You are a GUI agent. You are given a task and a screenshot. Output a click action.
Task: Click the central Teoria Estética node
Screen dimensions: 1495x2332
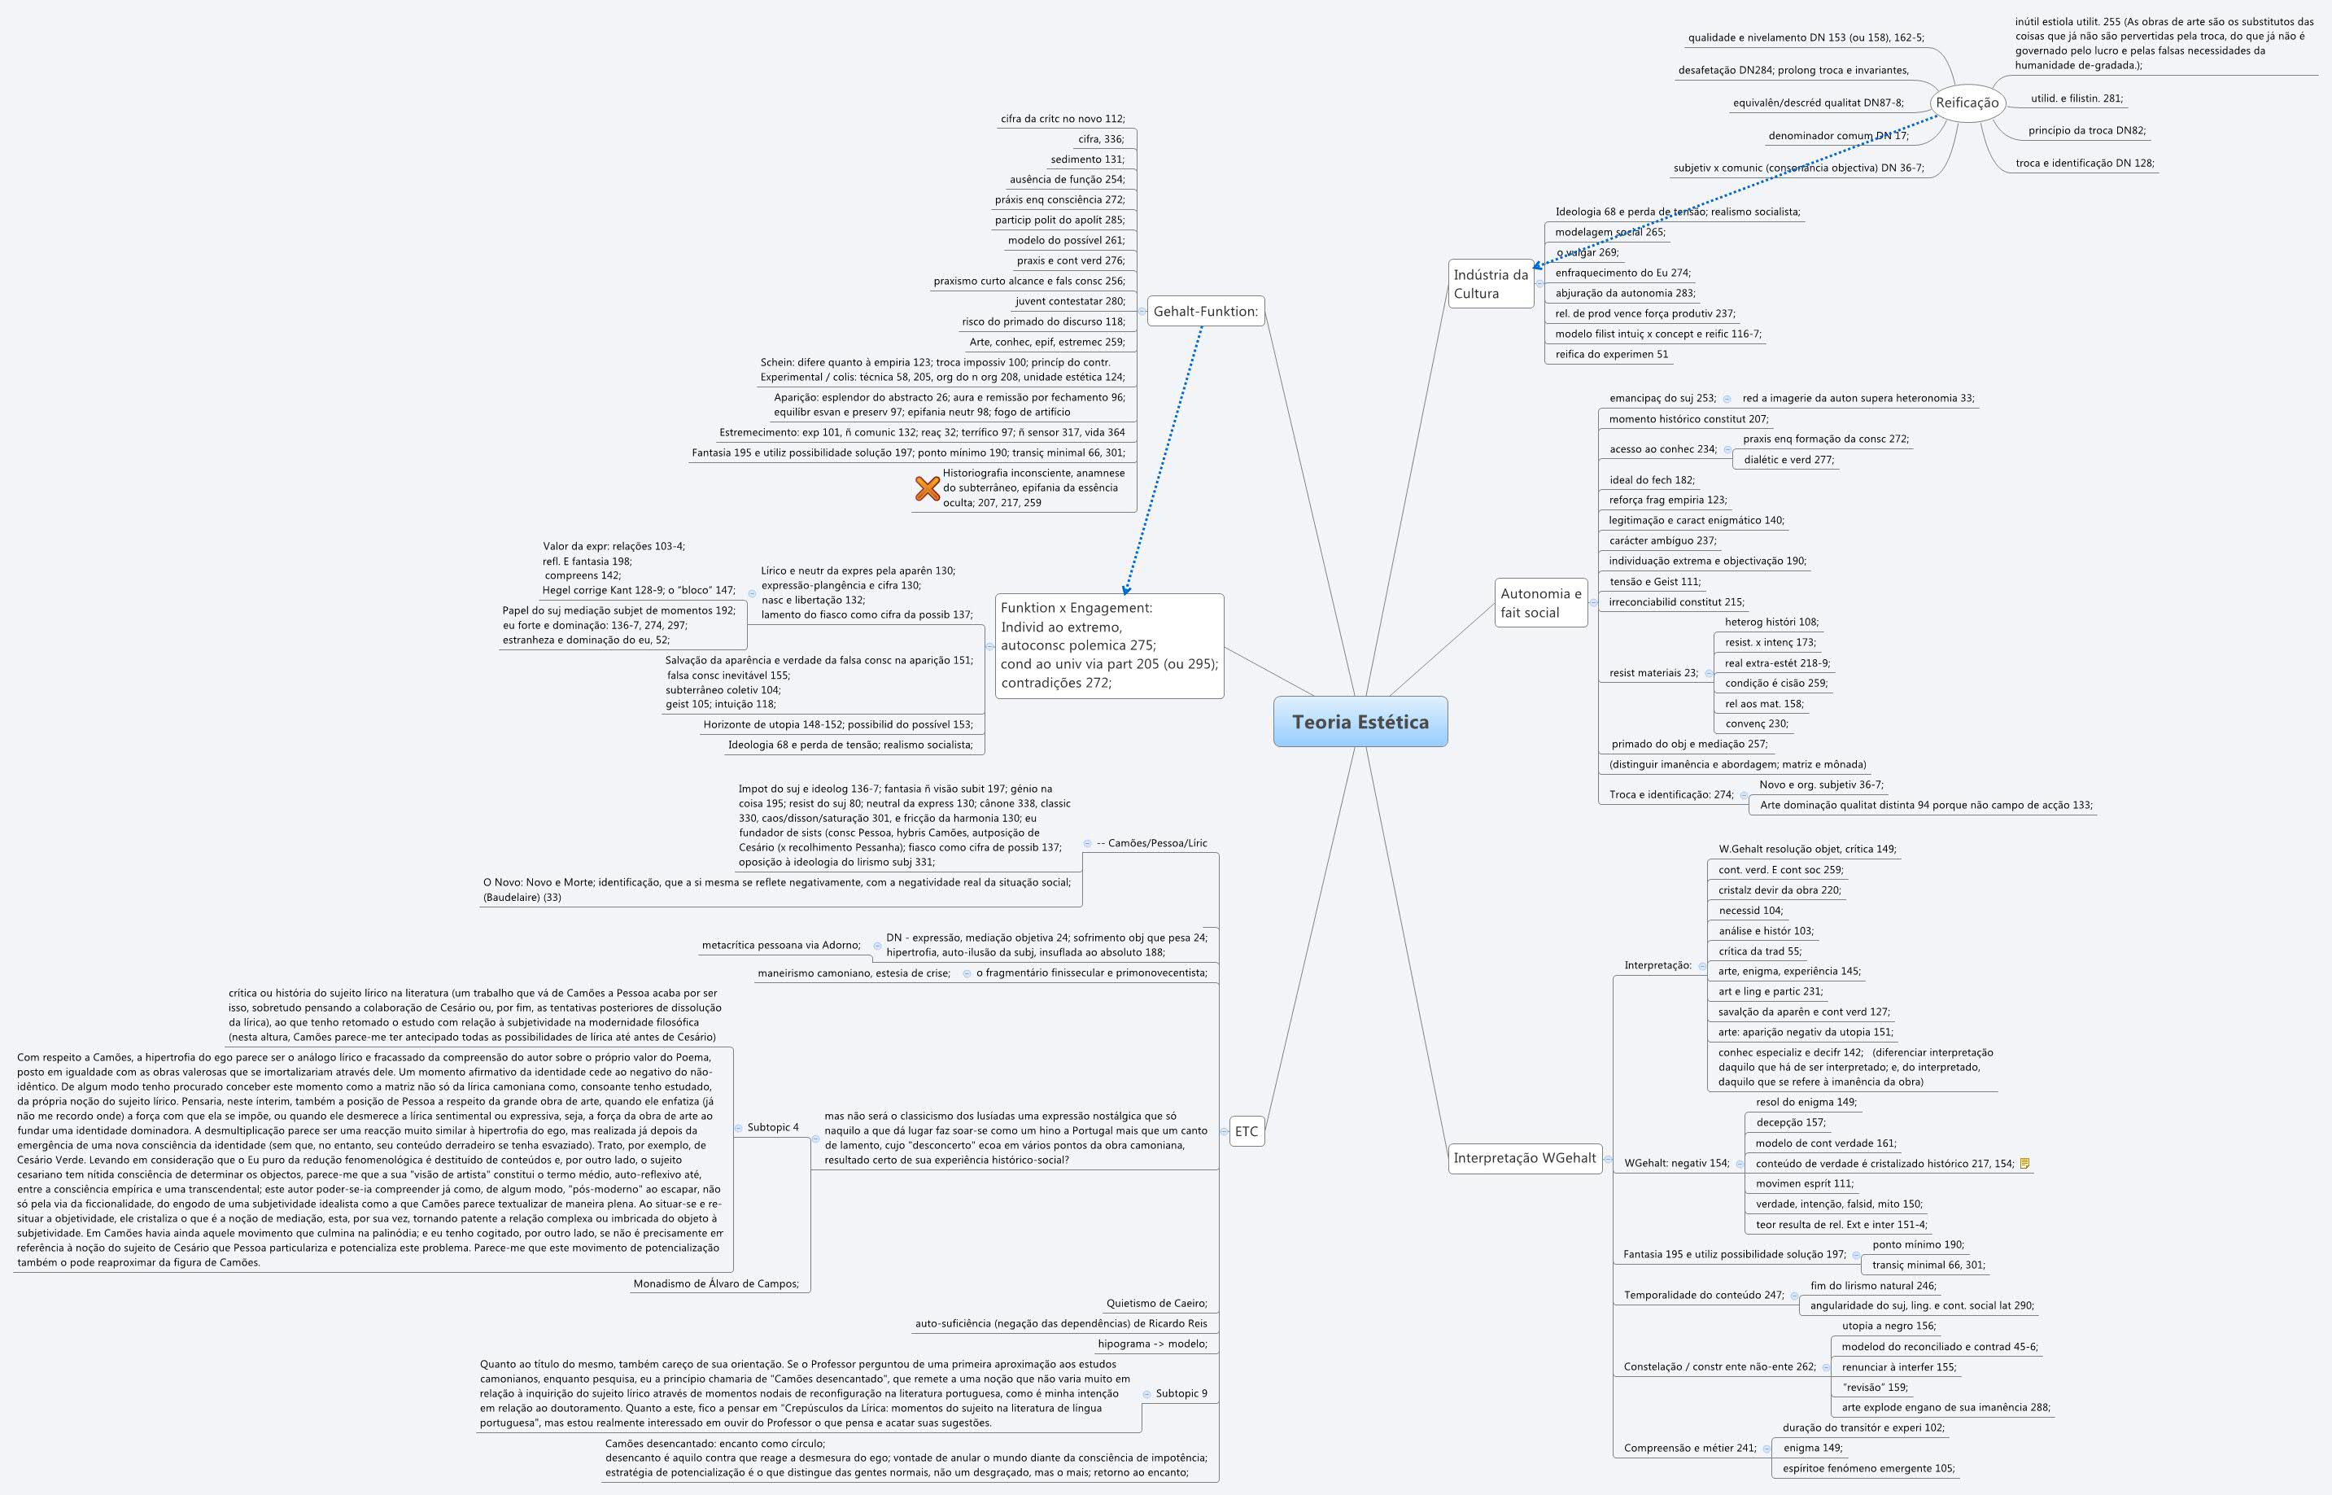[x=1360, y=721]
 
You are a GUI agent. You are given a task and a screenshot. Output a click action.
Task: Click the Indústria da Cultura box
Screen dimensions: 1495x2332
[x=1490, y=283]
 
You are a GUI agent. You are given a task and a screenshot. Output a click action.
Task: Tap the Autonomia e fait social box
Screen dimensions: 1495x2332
[x=1540, y=603]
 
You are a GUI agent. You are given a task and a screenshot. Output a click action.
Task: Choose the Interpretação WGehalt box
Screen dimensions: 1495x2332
[x=1524, y=1157]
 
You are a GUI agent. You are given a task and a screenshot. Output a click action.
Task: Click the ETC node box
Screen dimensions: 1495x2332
[x=1246, y=1131]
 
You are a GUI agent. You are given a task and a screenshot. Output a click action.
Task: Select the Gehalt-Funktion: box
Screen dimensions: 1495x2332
[x=1204, y=312]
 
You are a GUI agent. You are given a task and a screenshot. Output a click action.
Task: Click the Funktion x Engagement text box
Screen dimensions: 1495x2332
[x=1108, y=645]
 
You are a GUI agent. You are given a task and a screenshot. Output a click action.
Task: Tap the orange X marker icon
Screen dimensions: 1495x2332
[x=927, y=488]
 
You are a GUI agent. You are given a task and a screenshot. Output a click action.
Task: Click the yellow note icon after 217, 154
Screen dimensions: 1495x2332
[x=2024, y=1163]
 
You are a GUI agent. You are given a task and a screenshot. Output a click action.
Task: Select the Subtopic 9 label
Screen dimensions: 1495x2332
[x=1181, y=1393]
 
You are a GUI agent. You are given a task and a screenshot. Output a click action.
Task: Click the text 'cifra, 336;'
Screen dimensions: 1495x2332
[x=1100, y=139]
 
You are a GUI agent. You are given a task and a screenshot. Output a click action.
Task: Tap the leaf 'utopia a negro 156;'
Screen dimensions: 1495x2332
[x=1888, y=1325]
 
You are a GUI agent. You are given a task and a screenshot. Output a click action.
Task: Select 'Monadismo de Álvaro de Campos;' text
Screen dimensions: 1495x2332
[x=715, y=1283]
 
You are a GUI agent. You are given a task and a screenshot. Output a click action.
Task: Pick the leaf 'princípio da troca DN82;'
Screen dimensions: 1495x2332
[x=2085, y=130]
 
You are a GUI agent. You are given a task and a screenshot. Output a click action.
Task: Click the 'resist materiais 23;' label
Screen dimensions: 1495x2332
[x=1653, y=673]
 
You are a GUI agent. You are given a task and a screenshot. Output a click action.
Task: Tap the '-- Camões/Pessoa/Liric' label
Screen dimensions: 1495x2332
[x=1151, y=842]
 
